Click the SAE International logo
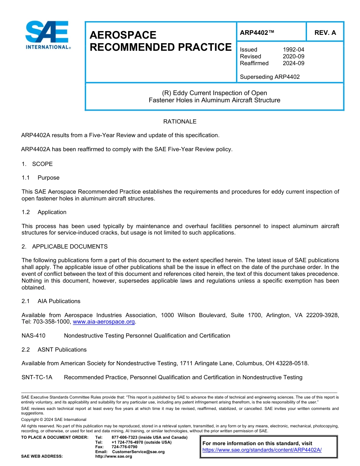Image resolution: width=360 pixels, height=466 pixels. tap(47, 35)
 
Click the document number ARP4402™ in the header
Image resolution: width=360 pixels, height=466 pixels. tap(257, 33)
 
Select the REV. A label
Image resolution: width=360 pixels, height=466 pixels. tap(325, 33)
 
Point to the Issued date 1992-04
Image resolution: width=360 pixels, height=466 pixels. tap(293, 50)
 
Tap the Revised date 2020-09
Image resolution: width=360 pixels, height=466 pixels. tap(293, 56)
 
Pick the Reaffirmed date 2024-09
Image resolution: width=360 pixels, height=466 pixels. tap(293, 63)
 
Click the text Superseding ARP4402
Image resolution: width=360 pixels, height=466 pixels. tap(269, 77)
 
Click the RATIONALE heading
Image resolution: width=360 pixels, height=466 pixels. tap(180, 122)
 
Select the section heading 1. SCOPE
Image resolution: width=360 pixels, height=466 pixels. tap(37, 164)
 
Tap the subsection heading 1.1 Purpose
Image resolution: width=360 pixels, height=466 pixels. tap(41, 178)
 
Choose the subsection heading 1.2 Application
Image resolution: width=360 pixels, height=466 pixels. tap(44, 212)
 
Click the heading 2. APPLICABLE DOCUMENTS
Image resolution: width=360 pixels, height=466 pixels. tap(64, 247)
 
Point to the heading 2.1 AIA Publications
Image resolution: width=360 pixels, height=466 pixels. tap(51, 301)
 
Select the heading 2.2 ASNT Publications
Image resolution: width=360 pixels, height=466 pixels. tap(54, 350)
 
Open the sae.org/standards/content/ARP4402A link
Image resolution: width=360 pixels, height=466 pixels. tap(262, 450)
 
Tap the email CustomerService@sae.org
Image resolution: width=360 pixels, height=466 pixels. tap(138, 452)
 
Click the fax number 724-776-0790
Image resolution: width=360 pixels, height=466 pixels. tap(124, 447)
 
